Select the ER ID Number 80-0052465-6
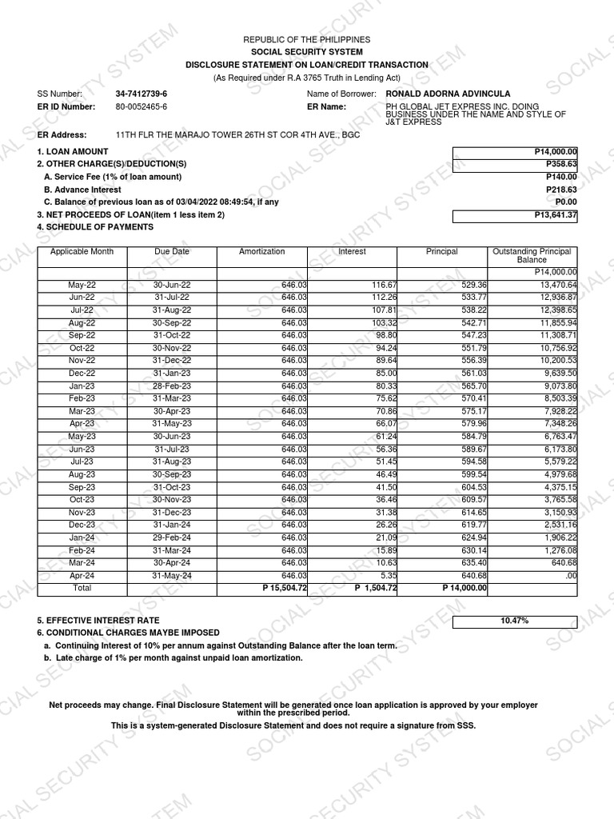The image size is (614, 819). click(x=142, y=106)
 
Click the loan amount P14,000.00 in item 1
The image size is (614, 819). click(x=556, y=152)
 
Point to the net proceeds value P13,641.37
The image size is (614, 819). click(x=556, y=215)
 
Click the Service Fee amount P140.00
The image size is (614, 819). click(x=561, y=177)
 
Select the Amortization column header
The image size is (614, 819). click(x=261, y=252)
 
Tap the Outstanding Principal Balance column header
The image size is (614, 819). click(x=532, y=256)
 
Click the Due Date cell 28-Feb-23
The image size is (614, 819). click(x=172, y=386)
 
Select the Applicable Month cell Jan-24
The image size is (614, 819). click(x=82, y=537)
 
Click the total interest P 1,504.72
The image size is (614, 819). click(x=376, y=589)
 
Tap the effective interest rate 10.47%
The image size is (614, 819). click(x=514, y=621)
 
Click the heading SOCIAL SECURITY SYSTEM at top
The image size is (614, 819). click(x=307, y=52)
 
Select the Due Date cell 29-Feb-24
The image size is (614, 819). click(x=172, y=537)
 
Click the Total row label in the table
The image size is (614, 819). click(x=82, y=589)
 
